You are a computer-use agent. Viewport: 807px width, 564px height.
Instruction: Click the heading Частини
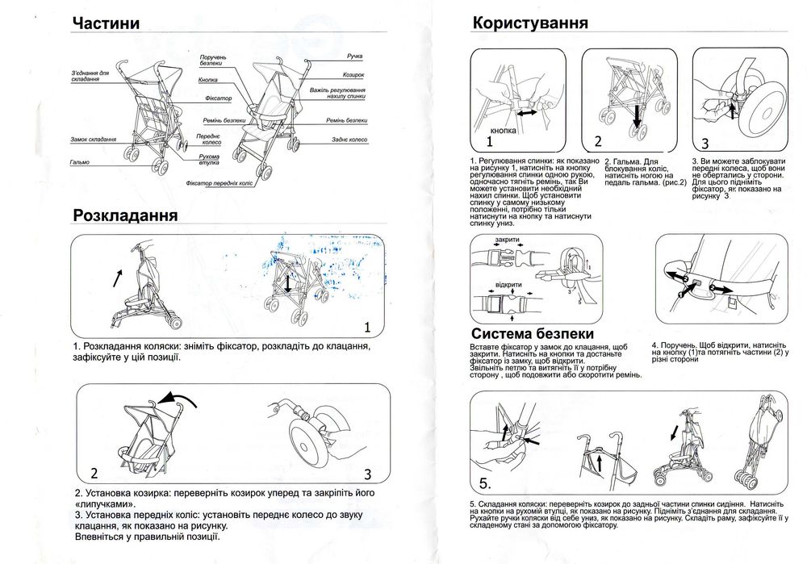[x=105, y=23]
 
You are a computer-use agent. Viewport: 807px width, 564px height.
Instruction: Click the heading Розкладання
[x=125, y=215]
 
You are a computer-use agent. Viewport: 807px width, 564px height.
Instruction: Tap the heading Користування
[x=529, y=23]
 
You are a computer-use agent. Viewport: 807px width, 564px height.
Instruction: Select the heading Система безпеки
[x=533, y=333]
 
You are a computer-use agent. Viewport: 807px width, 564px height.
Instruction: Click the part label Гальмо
[x=79, y=162]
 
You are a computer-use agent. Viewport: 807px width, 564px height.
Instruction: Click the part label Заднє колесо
[x=349, y=140]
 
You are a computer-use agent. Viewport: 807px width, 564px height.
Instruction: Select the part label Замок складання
[x=90, y=140]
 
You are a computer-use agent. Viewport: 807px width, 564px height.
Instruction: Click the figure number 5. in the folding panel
[x=485, y=484]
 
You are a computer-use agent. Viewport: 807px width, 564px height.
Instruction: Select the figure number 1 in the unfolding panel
[x=367, y=327]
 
